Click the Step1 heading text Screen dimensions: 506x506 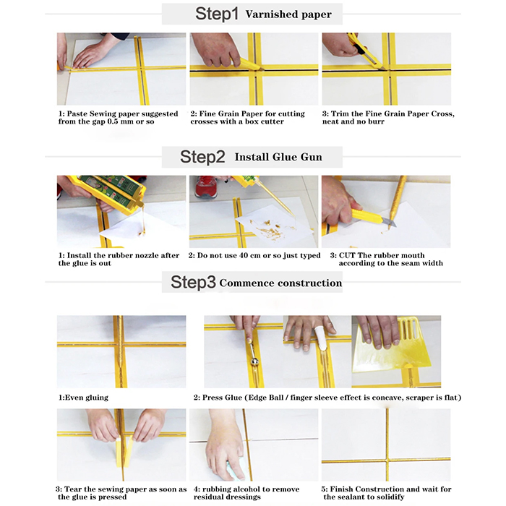(x=217, y=14)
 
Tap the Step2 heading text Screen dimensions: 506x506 (x=202, y=157)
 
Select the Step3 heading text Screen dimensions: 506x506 (x=193, y=282)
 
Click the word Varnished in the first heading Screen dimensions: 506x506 (x=267, y=14)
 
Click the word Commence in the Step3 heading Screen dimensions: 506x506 (x=247, y=283)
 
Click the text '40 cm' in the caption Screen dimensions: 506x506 (x=250, y=256)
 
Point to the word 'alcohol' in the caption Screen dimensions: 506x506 (x=238, y=489)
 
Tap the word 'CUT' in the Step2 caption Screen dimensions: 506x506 (x=347, y=256)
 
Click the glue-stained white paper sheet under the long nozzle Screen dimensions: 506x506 (x=274, y=228)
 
